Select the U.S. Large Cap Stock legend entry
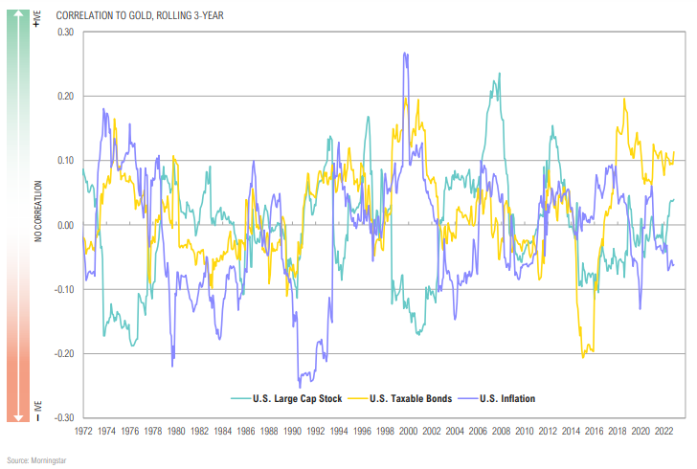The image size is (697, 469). (x=293, y=398)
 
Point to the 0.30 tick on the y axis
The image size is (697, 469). (x=66, y=33)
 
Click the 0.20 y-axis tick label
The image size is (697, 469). (x=66, y=97)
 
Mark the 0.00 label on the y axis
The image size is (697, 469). (x=66, y=225)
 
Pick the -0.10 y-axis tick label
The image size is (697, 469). (x=64, y=289)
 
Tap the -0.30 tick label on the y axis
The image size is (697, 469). (x=64, y=417)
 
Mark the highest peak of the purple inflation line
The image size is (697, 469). (x=406, y=55)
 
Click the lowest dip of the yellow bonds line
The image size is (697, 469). (x=583, y=357)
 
